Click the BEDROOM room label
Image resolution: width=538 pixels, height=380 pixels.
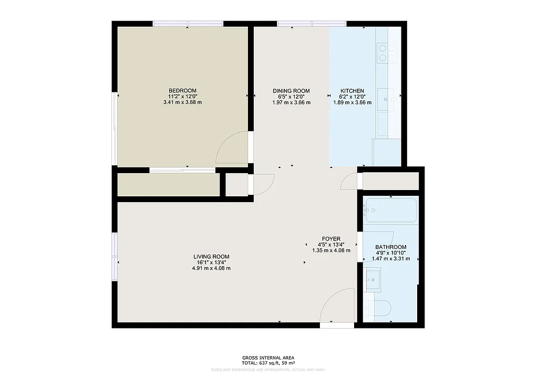[x=182, y=90]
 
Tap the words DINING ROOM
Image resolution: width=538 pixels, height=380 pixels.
[x=291, y=91]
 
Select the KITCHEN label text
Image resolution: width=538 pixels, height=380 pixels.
[x=352, y=91]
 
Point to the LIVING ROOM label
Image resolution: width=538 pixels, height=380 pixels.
[x=211, y=257]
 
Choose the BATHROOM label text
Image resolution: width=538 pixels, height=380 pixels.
[x=390, y=247]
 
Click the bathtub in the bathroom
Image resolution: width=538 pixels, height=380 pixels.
[x=390, y=210]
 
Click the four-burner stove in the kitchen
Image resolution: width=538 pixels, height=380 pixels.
[x=388, y=52]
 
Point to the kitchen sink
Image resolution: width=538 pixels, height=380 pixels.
[x=388, y=98]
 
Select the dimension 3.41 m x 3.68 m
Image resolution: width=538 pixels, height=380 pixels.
[x=182, y=102]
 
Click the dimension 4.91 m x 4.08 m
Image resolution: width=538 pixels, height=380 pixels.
[x=211, y=268]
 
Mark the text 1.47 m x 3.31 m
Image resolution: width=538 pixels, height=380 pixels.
[x=390, y=259]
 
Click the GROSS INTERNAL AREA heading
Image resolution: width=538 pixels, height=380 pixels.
[x=268, y=357]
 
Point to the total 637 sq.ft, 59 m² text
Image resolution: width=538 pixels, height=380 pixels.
[x=268, y=363]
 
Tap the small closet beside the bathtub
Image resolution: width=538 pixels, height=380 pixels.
[x=390, y=181]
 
